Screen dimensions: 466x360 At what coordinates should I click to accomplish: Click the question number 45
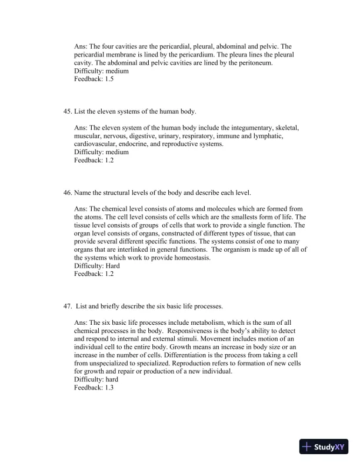tap(66, 111)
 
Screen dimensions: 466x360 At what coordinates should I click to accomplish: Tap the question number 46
tap(66, 192)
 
